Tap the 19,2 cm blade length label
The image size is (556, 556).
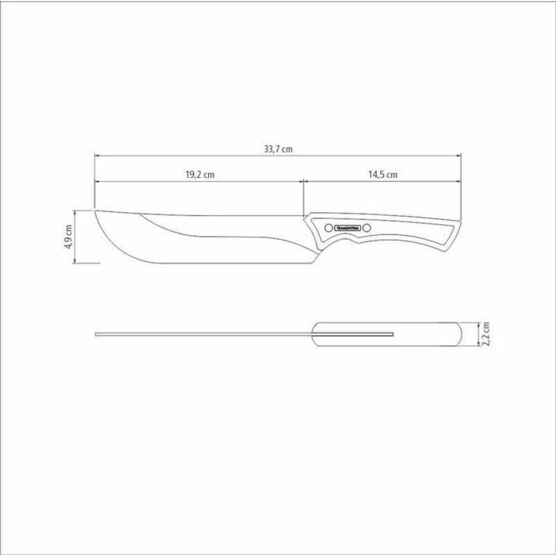click(200, 174)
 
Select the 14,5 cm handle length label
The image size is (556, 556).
click(383, 174)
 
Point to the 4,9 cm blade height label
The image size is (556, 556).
click(68, 237)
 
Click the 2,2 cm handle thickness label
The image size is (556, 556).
click(486, 334)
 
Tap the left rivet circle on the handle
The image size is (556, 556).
click(328, 227)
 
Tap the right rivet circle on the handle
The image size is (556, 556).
click(367, 227)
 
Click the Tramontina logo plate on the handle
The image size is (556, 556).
click(348, 227)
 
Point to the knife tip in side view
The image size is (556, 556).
click(96, 211)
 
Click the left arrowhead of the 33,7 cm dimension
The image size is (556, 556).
click(97, 156)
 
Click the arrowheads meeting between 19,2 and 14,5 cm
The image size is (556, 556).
click(303, 181)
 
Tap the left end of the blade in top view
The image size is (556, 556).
click(97, 334)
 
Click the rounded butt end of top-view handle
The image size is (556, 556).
click(459, 334)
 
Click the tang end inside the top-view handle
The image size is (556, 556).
click(393, 334)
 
